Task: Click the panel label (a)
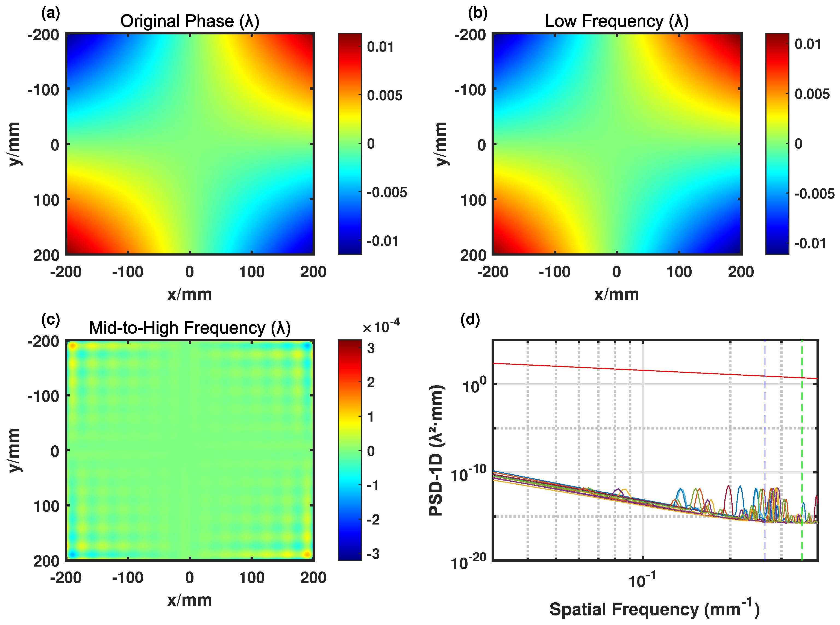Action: point(50,14)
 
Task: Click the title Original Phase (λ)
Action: point(190,21)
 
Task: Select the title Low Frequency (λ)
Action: point(616,21)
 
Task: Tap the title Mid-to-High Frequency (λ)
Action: point(190,328)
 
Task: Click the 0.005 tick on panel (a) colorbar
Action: point(384,95)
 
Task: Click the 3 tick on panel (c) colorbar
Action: point(371,348)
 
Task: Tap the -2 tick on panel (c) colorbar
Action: point(373,519)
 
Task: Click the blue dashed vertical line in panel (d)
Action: point(765,435)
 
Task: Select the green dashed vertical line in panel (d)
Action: point(802,435)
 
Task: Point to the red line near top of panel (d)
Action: point(644,370)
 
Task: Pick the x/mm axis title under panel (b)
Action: point(616,294)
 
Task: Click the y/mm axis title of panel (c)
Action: point(14,450)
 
